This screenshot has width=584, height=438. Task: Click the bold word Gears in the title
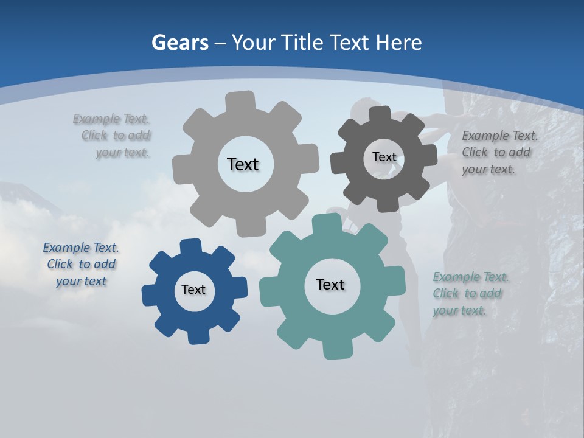click(179, 43)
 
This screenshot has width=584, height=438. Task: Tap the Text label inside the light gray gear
click(243, 164)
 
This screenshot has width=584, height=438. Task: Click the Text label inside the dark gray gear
click(384, 157)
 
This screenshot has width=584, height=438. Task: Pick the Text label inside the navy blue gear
click(193, 290)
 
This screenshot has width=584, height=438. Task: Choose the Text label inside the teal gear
click(330, 284)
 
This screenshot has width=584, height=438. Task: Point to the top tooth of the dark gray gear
click(380, 114)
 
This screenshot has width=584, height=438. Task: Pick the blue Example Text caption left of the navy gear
click(81, 264)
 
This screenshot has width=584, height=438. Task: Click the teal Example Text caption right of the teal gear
click(469, 293)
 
